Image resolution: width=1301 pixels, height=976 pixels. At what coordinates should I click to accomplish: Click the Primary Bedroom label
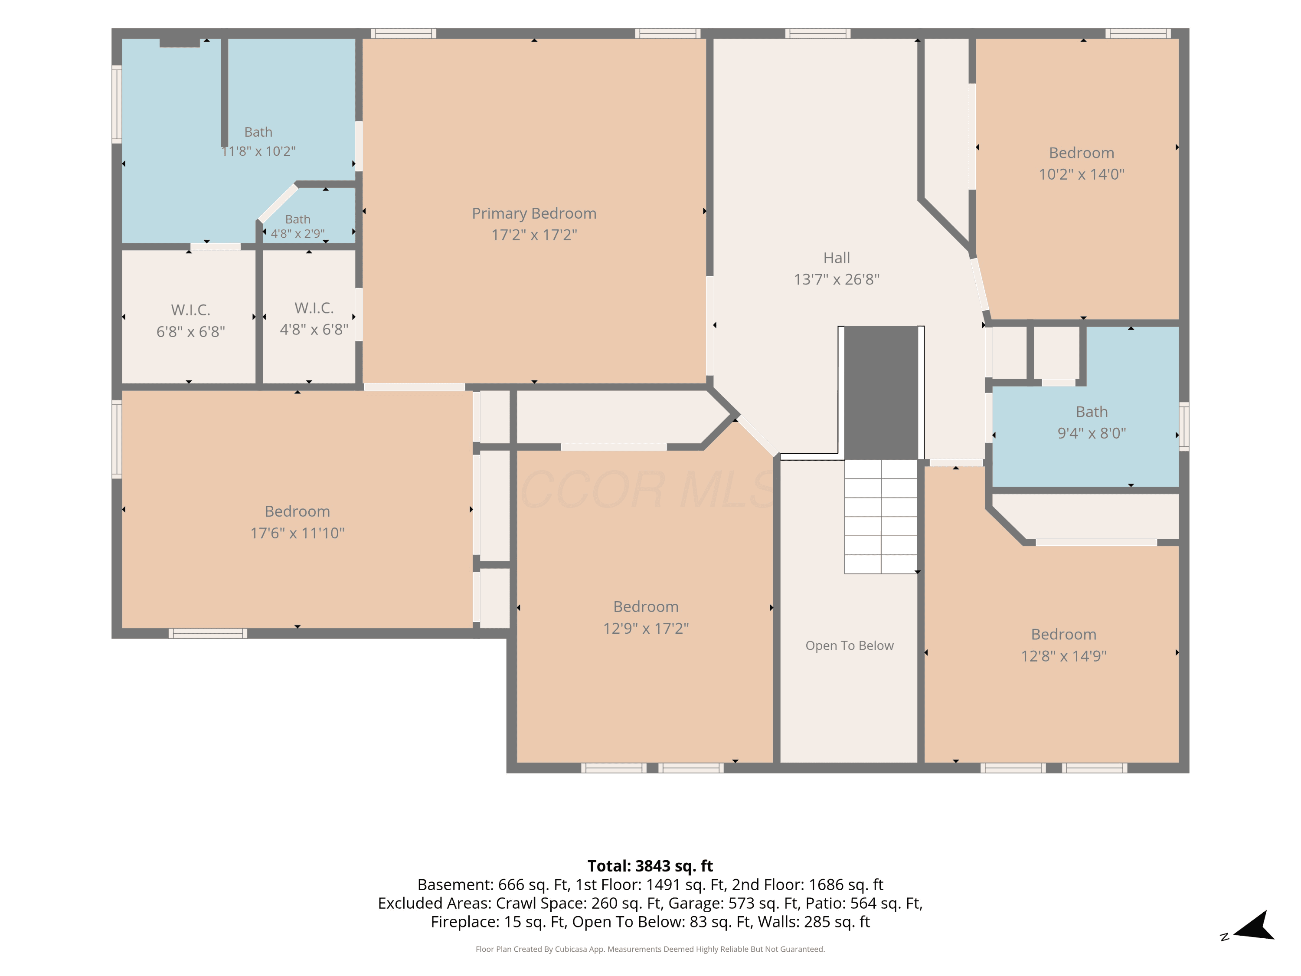coord(534,213)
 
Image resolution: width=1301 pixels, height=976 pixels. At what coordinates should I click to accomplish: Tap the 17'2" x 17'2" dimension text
coord(534,235)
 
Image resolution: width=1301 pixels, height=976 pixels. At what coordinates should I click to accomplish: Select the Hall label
coord(837,258)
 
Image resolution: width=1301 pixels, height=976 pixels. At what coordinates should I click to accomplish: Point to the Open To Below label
coord(849,645)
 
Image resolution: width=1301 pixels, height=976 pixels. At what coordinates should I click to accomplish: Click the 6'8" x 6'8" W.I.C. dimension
coord(190,331)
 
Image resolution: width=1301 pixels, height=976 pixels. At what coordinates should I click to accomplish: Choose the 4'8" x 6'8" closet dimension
coord(314,329)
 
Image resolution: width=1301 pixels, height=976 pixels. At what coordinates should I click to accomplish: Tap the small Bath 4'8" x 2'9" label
coord(297,226)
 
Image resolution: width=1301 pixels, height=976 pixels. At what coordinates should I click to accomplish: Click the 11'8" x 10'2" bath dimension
coord(258,151)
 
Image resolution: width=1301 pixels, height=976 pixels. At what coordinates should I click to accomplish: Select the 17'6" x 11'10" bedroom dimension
coord(297,533)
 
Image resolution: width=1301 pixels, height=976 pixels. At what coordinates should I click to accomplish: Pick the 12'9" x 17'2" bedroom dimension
coord(646,628)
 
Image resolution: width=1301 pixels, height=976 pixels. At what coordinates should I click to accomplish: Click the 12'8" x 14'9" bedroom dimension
coord(1063,656)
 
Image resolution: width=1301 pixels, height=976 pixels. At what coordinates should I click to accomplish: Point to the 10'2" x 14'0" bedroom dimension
coord(1082,174)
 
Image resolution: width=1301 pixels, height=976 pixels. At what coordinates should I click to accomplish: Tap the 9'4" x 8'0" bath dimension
coord(1092,433)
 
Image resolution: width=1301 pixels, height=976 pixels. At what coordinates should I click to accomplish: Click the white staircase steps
coord(880,517)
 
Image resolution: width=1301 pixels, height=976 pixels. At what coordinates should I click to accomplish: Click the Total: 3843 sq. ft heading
coord(650,866)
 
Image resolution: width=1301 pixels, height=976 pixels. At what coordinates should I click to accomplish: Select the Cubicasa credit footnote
coord(650,949)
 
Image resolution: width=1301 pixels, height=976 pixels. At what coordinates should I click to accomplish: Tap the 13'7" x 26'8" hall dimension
coord(837,279)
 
